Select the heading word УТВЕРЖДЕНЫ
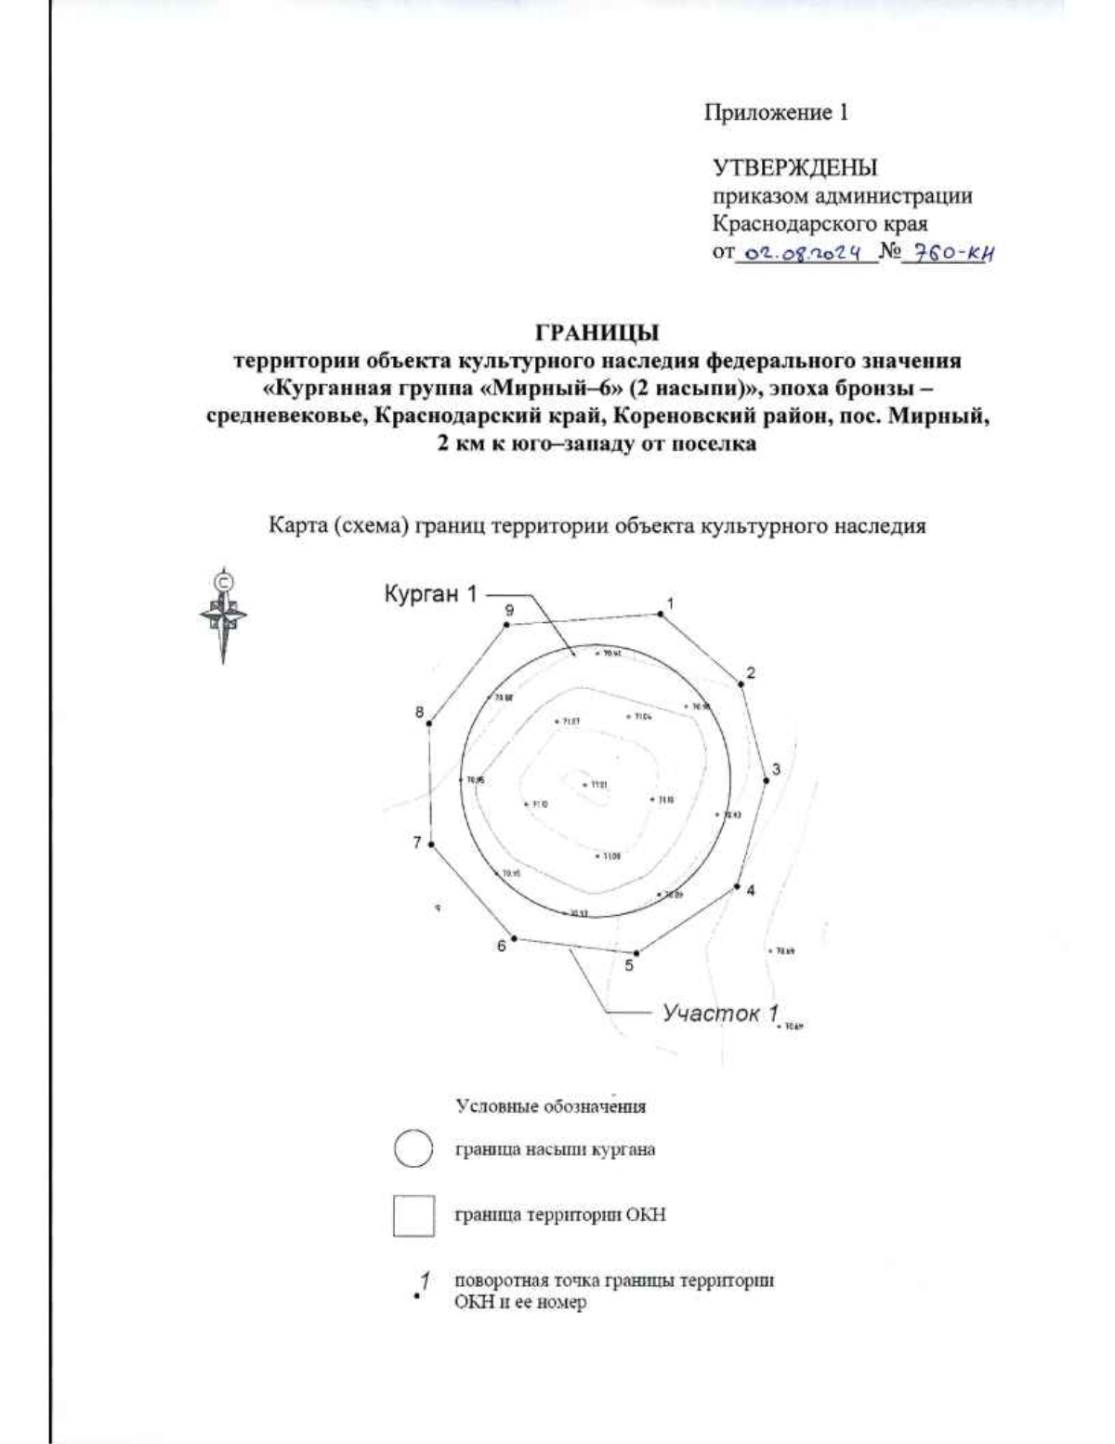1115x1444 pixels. click(794, 168)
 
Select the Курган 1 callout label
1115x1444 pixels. click(430, 594)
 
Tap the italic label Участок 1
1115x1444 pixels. click(719, 1013)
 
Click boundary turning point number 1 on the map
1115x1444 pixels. click(661, 613)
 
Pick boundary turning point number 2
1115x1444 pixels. click(741, 684)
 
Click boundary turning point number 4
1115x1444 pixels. click(738, 884)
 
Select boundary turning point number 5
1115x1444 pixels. click(636, 953)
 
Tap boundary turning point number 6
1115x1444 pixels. click(514, 938)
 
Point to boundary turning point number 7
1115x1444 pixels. click(432, 843)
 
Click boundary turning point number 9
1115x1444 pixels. click(506, 625)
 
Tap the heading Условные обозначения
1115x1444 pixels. click(550, 1106)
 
